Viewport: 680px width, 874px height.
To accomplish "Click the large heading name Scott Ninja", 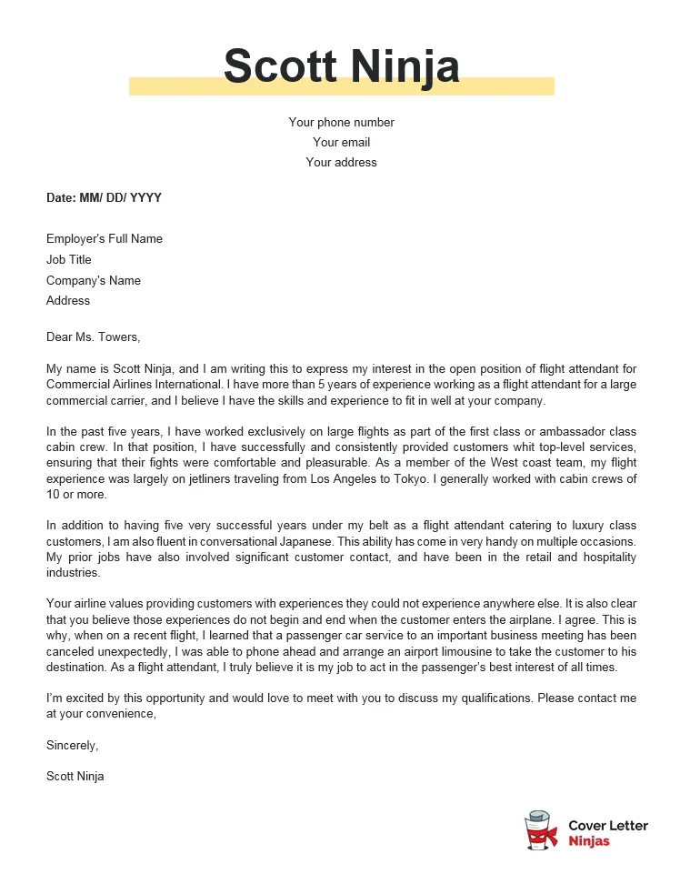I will [x=341, y=66].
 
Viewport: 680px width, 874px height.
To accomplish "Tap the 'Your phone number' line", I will [x=341, y=122].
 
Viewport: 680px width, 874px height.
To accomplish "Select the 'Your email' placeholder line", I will [x=341, y=142].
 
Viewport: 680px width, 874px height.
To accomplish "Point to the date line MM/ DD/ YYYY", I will [x=104, y=197].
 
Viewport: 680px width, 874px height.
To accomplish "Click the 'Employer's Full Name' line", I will [x=105, y=239].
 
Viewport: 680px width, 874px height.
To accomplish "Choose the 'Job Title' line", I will [x=69, y=260].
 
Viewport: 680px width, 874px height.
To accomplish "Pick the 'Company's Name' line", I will [x=94, y=280].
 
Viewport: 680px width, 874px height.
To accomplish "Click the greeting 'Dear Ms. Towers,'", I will [x=94, y=337].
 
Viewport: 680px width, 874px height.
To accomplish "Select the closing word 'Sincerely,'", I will [x=72, y=746].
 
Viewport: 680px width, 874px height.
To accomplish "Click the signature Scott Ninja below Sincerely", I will [x=75, y=777].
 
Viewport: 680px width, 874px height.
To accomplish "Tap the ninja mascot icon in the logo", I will [x=542, y=831].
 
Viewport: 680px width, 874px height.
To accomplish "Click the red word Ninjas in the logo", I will [x=589, y=841].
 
